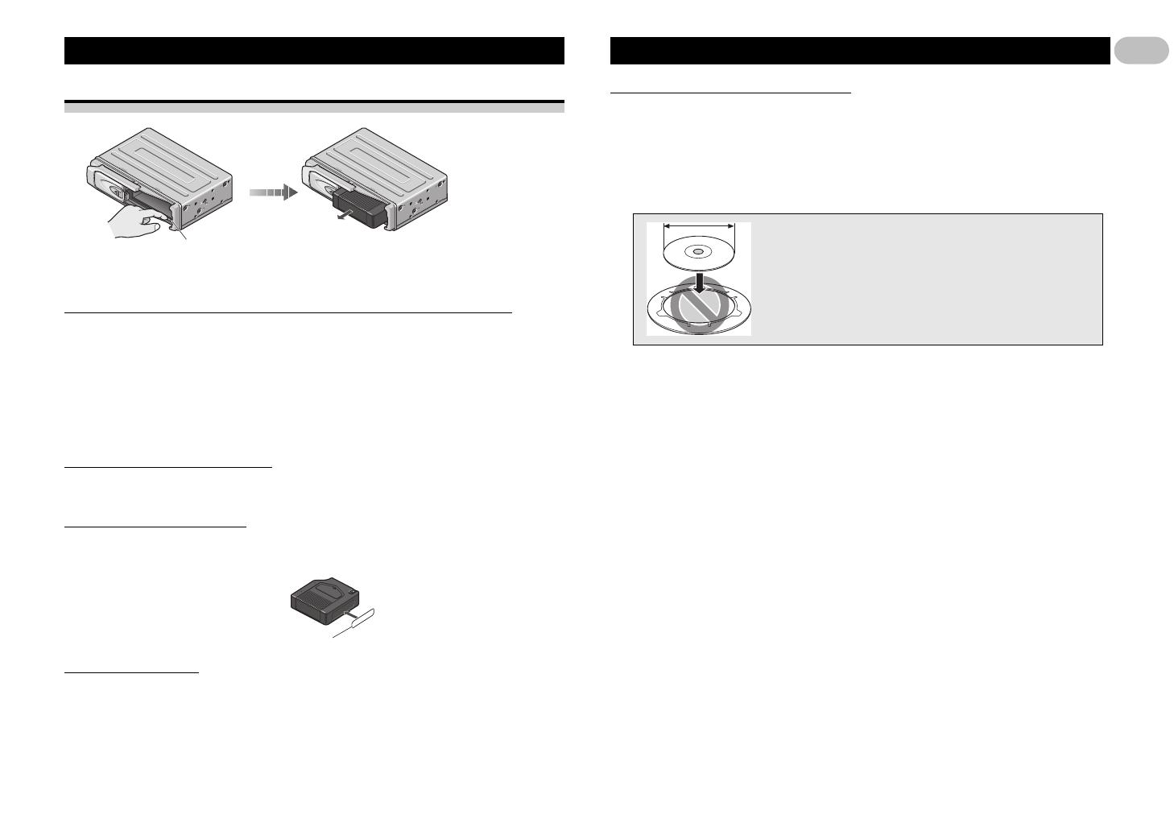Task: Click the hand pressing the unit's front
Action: (137, 222)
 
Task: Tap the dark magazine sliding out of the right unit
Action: (360, 207)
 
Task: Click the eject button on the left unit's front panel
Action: (118, 193)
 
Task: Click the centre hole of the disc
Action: (697, 251)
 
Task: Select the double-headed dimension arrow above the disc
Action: (698, 227)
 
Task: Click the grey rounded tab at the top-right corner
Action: (1141, 51)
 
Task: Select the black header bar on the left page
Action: (314, 51)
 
